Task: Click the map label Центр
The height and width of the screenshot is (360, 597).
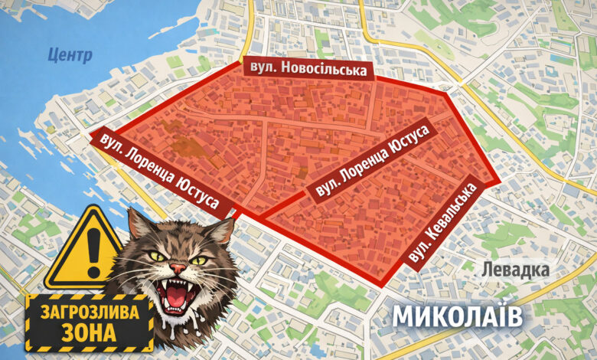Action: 69,55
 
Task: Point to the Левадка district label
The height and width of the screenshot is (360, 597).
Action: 515,270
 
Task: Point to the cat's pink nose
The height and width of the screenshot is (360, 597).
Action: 178,269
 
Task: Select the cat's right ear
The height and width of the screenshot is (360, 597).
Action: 222,229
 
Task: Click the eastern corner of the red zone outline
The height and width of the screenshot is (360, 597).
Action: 501,182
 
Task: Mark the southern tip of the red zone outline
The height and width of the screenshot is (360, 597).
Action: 380,284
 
